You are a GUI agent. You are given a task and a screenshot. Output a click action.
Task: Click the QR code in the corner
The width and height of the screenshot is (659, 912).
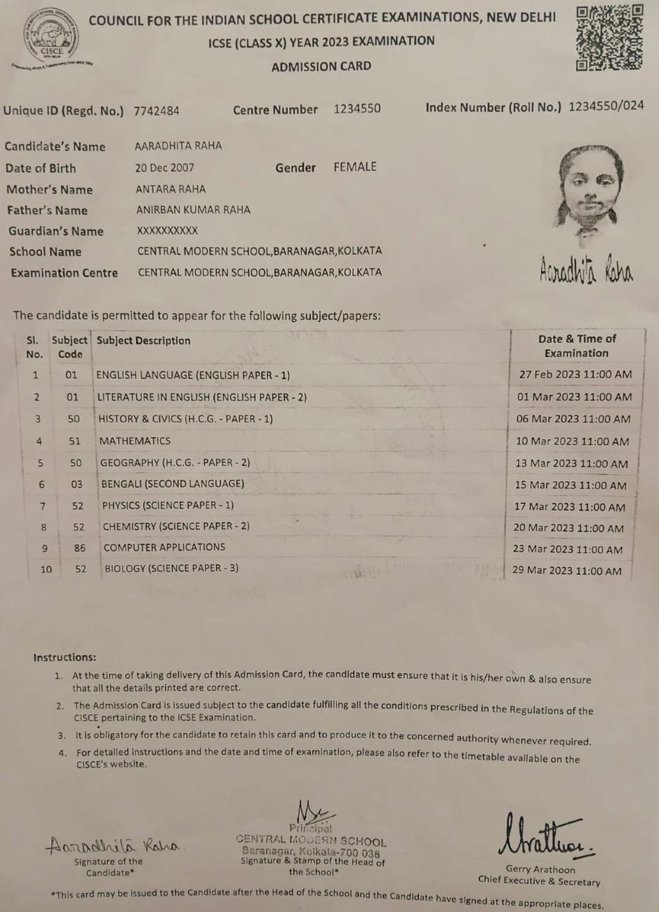coord(609,38)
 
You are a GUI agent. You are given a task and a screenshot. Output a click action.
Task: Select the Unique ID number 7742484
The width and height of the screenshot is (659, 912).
coord(157,111)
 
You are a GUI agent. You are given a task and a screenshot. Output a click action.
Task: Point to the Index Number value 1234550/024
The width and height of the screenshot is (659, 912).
coord(606,107)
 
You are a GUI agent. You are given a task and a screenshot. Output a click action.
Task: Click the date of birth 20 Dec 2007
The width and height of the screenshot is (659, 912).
coord(165,168)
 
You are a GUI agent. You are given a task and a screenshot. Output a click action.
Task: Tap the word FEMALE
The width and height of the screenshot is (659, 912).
coord(355,167)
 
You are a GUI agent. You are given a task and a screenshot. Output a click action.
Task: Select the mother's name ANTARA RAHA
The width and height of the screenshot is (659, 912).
coord(171,189)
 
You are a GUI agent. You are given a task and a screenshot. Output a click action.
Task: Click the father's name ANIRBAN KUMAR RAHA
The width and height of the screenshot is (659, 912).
coord(193,210)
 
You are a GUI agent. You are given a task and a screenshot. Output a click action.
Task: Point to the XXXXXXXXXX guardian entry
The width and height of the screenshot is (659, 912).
coord(167,230)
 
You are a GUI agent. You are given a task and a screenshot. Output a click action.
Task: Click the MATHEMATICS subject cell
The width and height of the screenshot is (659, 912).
coord(135,441)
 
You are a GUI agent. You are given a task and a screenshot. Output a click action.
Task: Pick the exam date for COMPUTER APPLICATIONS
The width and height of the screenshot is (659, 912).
coord(567,549)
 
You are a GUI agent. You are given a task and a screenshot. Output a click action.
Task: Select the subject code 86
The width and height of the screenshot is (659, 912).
coord(80,548)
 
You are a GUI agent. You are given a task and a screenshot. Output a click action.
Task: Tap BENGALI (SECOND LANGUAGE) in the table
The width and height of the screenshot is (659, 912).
coord(173,483)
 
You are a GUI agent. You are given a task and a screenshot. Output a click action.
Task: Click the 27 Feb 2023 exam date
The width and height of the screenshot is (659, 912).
coord(575,375)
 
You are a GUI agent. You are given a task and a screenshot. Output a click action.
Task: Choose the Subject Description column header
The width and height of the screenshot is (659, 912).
coord(144,341)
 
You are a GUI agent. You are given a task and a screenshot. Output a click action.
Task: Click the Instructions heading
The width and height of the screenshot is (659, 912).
coord(65,657)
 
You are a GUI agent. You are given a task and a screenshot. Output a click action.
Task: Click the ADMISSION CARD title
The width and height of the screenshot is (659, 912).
coord(321,67)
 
